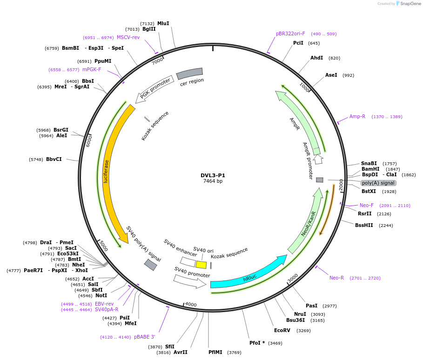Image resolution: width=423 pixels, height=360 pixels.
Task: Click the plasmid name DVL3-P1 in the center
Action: coord(213,175)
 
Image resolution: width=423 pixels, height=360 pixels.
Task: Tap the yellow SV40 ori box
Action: coord(201,265)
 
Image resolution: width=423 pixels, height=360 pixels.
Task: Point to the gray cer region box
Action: coord(189,73)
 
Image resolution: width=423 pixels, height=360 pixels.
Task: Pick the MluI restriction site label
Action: coord(163,23)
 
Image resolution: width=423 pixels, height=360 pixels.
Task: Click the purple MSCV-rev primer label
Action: coord(128,37)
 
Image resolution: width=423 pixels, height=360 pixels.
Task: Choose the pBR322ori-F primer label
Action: coord(290,33)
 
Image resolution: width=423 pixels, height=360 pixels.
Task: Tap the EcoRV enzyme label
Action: coord(282,330)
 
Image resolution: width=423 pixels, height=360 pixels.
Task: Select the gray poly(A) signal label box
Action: coord(378,183)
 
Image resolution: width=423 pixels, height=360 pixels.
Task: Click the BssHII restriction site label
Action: coord(364,225)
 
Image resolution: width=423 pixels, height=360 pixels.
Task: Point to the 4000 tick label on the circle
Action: coord(191,304)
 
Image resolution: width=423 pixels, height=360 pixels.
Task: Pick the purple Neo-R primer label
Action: coord(336,278)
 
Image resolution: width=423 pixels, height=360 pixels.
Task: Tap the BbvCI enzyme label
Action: coord(54,159)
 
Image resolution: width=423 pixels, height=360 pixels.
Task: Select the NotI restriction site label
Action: coord(101,295)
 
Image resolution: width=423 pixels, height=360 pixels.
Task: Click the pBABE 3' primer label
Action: coord(144,337)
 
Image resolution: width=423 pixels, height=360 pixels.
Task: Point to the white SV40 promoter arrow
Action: coord(189,281)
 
